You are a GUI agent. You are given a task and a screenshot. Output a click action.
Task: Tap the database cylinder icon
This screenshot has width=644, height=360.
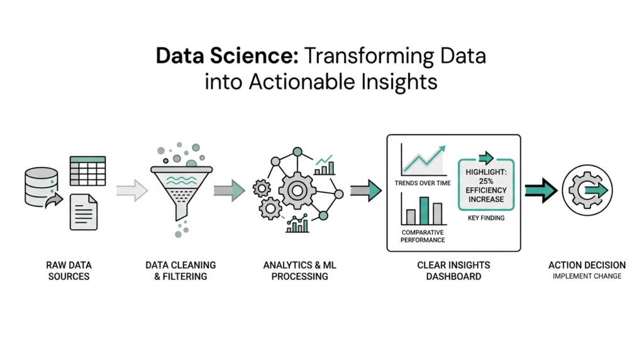tap(42, 187)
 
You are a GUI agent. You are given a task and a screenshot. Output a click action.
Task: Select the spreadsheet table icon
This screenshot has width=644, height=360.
tap(87, 170)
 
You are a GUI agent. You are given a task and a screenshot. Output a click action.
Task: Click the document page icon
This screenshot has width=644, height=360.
tap(84, 211)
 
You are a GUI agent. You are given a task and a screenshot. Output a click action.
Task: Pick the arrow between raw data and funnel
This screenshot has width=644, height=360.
tap(132, 189)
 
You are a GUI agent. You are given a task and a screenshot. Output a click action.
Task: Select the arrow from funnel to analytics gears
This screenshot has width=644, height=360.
tap(229, 189)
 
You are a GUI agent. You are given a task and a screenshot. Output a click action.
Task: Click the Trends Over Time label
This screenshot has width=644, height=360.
tap(423, 184)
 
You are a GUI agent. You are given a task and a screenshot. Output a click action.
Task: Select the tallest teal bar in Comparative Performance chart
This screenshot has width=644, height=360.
tap(424, 210)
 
